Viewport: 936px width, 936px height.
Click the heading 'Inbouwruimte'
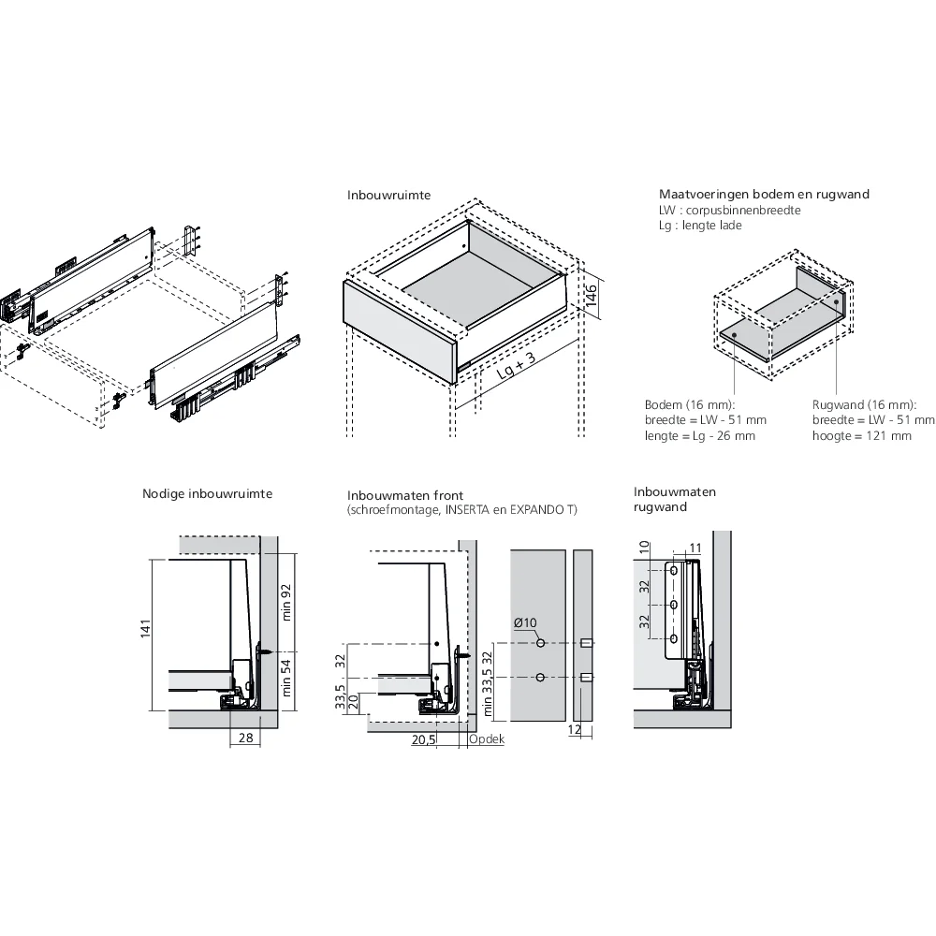coord(389,197)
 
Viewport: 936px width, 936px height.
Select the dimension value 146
coord(592,297)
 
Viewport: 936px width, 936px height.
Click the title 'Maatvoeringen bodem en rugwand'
coord(764,195)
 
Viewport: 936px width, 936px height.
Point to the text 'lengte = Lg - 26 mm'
coord(699,435)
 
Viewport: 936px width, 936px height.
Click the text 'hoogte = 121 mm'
coord(861,435)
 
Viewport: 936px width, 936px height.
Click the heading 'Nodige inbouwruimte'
coord(207,493)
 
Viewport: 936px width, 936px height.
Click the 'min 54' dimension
coord(287,679)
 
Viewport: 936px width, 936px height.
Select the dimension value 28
coord(244,739)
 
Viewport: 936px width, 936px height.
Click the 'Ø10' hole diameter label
coord(524,623)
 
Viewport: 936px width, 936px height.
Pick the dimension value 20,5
coord(424,739)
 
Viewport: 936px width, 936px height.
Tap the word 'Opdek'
coord(487,739)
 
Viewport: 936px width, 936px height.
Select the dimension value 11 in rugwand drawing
coord(695,548)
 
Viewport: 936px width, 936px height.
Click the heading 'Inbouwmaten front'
coord(405,494)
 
